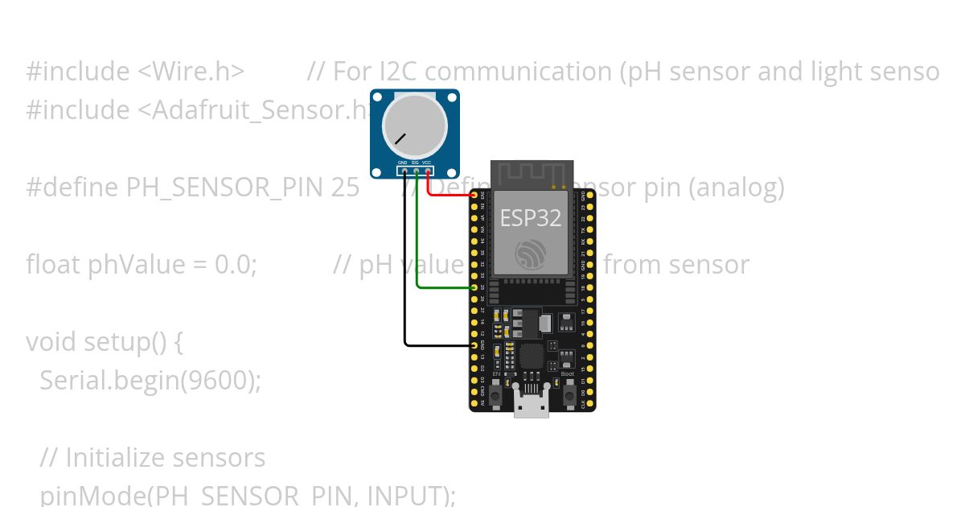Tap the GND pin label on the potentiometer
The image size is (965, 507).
coord(403,163)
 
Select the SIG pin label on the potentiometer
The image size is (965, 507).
coord(415,163)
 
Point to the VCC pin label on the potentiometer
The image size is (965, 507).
coord(427,163)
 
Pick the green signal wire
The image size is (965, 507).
coord(417,241)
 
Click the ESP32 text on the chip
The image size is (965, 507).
coord(531,218)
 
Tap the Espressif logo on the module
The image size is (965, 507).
coord(532,254)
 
